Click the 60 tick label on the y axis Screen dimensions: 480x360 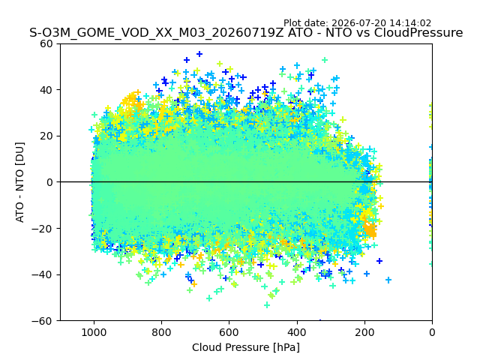pos(46,43)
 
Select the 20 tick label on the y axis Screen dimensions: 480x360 pos(46,136)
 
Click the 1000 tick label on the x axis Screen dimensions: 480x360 pos(94,332)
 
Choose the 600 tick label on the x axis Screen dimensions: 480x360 pos(229,332)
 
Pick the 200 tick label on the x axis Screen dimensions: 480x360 pos(364,332)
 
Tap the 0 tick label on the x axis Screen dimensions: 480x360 pos(432,332)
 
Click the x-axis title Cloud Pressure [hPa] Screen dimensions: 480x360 pos(246,347)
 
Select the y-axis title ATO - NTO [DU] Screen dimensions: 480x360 pos(19,182)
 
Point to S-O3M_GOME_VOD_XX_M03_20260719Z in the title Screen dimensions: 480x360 pos(157,32)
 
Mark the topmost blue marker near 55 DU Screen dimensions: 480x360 pos(199,54)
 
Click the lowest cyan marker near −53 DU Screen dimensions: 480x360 pos(267,305)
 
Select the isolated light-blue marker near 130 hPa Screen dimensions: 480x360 pos(388,280)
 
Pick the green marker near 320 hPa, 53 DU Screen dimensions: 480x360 pos(325,60)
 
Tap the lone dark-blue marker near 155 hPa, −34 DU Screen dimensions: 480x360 pos(379,261)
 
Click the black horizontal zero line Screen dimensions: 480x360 pos(247,182)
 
